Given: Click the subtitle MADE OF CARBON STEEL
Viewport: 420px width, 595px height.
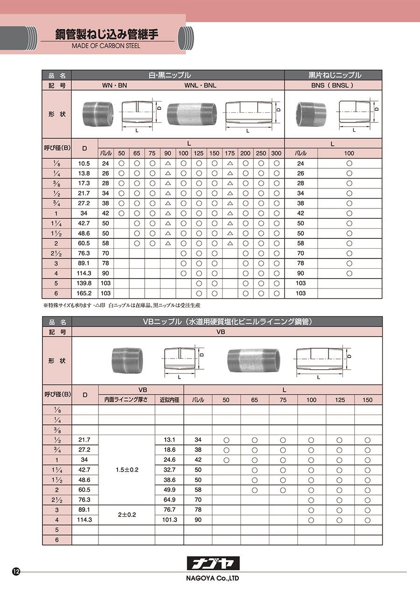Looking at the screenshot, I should pos(106,46).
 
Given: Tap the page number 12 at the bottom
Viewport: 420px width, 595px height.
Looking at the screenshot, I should pos(16,572).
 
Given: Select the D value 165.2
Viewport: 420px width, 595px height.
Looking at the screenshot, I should pos(84,293).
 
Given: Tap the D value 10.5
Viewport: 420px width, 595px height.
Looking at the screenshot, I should pos(84,164).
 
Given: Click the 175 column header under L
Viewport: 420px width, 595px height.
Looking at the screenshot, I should pos(230,153).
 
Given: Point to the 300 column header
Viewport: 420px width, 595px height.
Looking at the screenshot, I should pos(276,153).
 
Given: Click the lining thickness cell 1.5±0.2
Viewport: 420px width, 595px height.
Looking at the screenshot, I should pos(127,470).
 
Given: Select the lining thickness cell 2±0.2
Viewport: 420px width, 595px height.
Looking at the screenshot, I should pos(127,515).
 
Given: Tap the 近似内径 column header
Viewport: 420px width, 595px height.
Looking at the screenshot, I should pos(169,400).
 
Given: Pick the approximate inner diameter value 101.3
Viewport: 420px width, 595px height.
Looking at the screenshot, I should pos(169,520).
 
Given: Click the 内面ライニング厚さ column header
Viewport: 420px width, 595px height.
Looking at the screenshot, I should pos(126,400).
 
